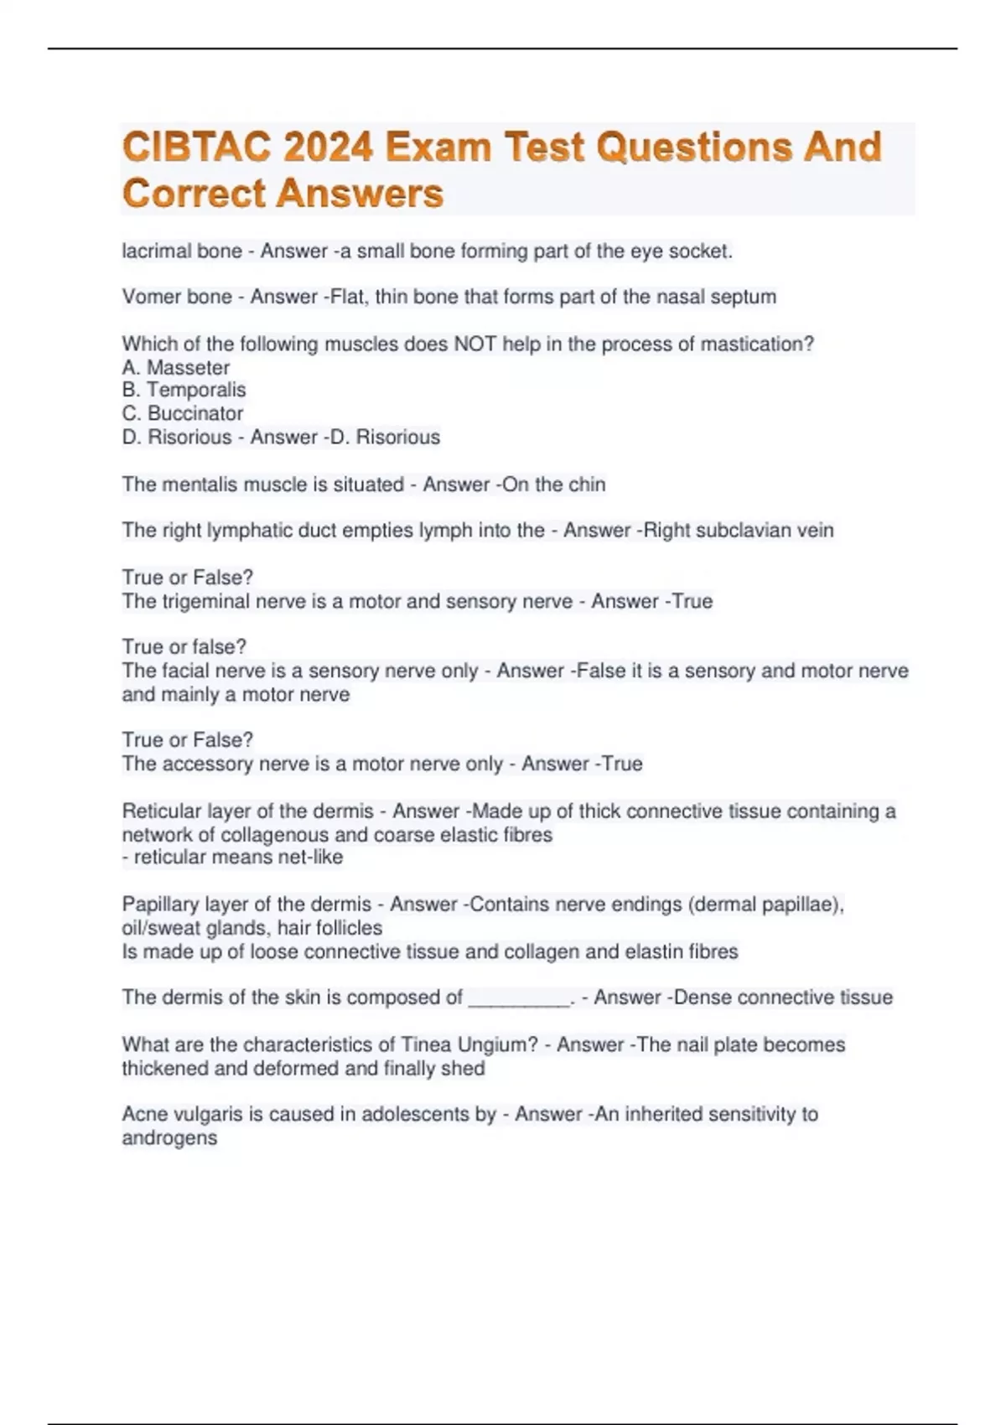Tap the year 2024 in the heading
(328, 148)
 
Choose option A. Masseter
(176, 367)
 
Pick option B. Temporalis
(184, 390)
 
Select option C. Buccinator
(183, 413)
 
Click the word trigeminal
(205, 601)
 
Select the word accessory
(208, 764)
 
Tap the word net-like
(310, 857)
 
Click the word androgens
(169, 1137)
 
